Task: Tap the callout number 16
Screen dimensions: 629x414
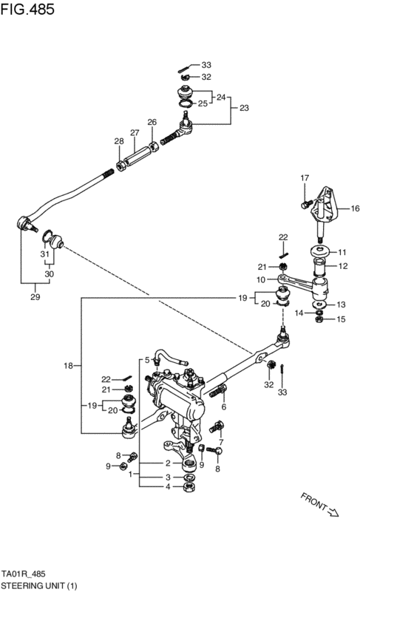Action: tap(355, 208)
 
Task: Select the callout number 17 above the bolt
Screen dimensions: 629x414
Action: tap(304, 178)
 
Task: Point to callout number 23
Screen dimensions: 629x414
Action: tap(244, 108)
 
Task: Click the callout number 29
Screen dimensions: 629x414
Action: tap(35, 297)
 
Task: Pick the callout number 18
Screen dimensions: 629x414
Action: tap(67, 366)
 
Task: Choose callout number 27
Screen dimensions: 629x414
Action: tap(135, 133)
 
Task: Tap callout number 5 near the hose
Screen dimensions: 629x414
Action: tap(147, 360)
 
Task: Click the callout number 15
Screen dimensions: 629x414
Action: tap(342, 319)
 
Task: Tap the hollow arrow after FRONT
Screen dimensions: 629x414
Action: tap(333, 513)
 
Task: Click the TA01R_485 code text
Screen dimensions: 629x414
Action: tap(25, 573)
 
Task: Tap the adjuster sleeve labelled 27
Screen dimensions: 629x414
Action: tap(138, 156)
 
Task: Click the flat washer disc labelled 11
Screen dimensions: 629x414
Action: tap(320, 251)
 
